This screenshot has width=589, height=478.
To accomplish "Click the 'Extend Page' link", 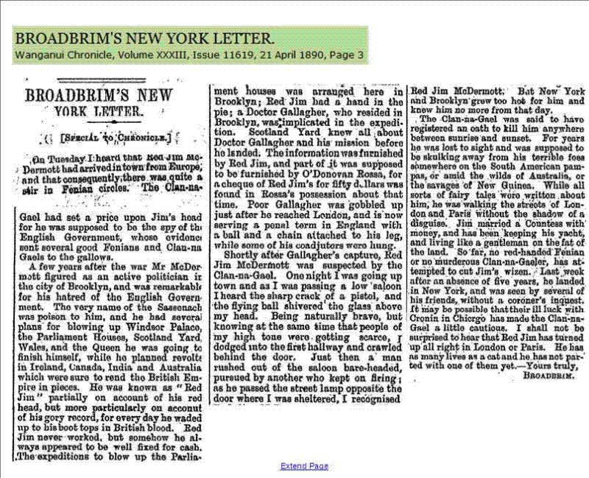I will pyautogui.click(x=304, y=466).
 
